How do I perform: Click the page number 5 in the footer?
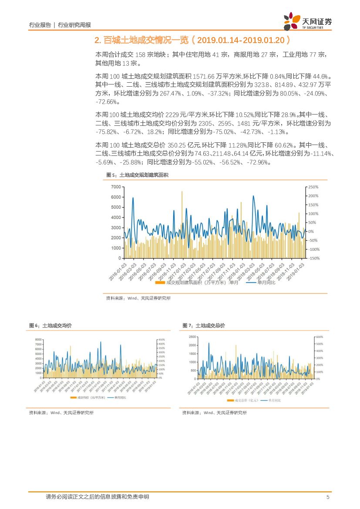click(x=328, y=497)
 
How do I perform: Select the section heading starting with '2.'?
click(x=192, y=40)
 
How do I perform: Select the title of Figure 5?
click(x=137, y=175)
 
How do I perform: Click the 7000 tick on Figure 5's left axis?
click(x=116, y=187)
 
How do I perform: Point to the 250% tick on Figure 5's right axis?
click(x=313, y=187)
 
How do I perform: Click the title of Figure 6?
click(x=50, y=326)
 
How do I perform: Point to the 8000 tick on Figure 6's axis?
click(x=38, y=340)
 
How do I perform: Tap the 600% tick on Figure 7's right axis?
click(x=319, y=337)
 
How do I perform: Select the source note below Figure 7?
click(x=214, y=412)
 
